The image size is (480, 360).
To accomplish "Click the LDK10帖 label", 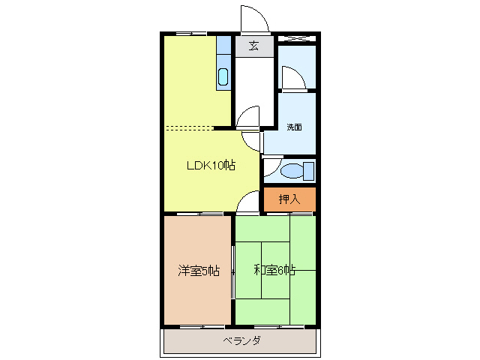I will pyautogui.click(x=211, y=166).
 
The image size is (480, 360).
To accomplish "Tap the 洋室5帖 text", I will pyautogui.click(x=199, y=271).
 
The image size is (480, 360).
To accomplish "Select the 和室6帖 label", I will pyautogui.click(x=274, y=271).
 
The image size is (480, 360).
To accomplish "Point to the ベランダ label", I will pyautogui.click(x=241, y=341).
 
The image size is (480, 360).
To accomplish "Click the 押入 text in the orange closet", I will pyautogui.click(x=289, y=199).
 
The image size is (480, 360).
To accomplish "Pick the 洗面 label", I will pyautogui.click(x=294, y=127).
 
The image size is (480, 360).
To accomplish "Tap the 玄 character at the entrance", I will pyautogui.click(x=253, y=46).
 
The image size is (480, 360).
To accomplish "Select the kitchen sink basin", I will pyautogui.click(x=223, y=76).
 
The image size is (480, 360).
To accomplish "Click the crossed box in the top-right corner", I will pyautogui.click(x=296, y=37).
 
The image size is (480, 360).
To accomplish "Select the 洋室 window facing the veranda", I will pyautogui.click(x=202, y=327).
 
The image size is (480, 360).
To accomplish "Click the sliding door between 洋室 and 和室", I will pyautogui.click(x=233, y=270).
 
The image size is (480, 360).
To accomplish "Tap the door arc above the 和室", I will pyautogui.click(x=247, y=204).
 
